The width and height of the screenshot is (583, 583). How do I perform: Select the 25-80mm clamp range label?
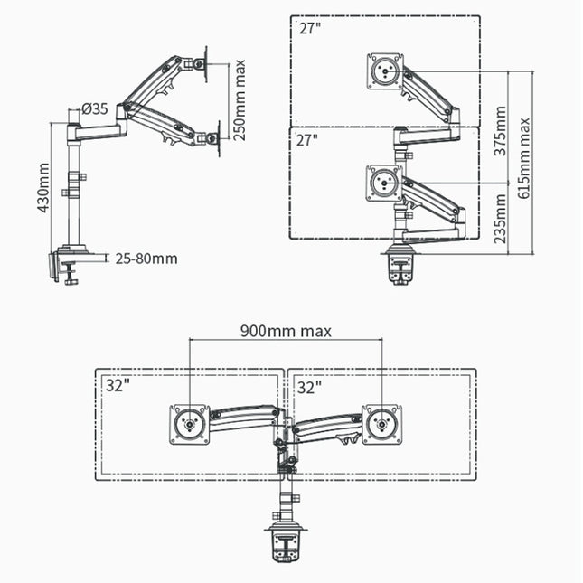click(146, 259)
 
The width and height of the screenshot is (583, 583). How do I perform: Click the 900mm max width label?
click(285, 331)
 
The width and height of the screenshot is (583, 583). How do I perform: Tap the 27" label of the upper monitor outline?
click(309, 29)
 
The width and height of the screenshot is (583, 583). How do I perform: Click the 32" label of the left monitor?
click(118, 386)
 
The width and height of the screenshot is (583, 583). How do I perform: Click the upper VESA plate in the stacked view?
click(385, 72)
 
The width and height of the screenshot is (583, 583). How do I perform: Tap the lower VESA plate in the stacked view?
click(385, 182)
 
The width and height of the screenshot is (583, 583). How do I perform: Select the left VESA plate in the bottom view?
click(190, 425)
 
